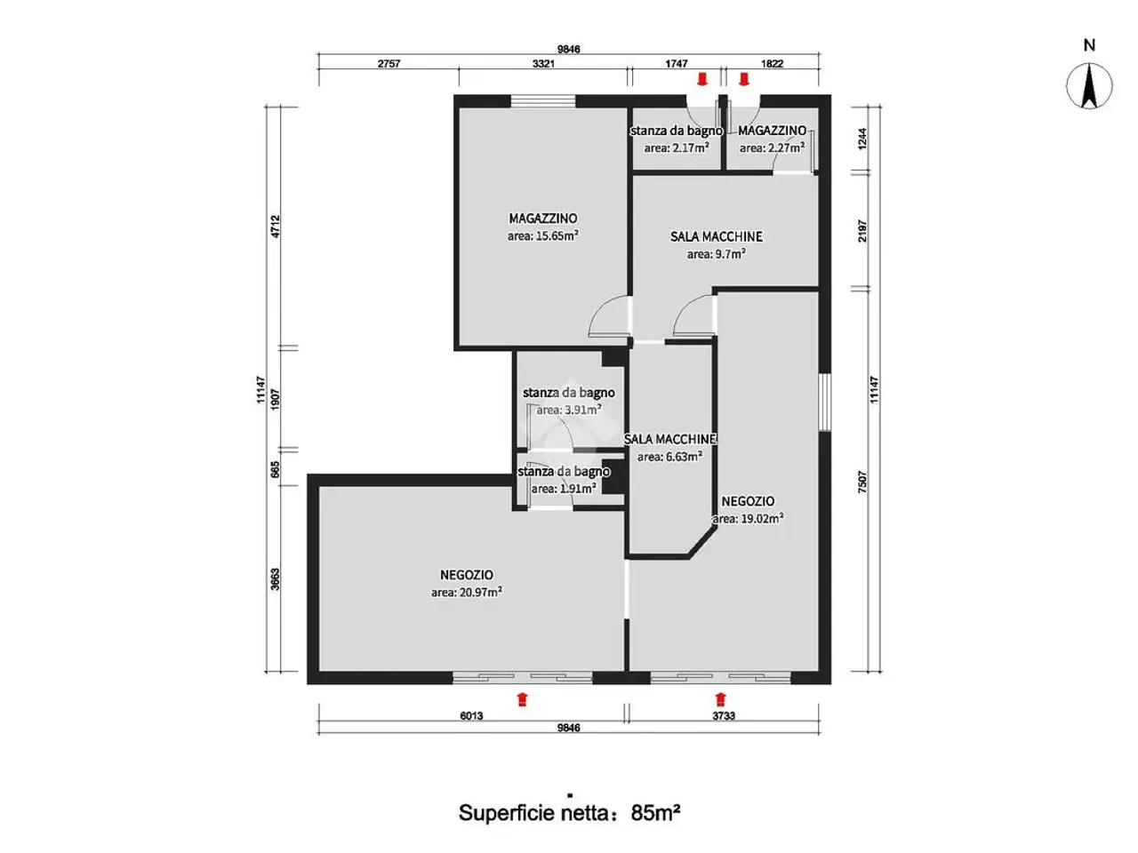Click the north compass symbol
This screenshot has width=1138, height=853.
tap(1089, 86)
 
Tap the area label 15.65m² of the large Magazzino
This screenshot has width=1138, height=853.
tap(542, 235)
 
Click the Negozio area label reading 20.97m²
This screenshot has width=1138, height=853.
tap(466, 592)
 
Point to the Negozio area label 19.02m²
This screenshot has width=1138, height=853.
tap(748, 518)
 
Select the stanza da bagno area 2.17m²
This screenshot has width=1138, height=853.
tap(677, 148)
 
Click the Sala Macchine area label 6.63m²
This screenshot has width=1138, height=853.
tap(669, 457)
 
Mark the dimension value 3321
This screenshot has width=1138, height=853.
tap(543, 64)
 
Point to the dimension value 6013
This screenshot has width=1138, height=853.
tap(471, 716)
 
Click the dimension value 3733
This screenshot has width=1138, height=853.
tap(723, 716)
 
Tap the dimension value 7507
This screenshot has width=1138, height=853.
tap(862, 482)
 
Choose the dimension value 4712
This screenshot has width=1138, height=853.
tap(276, 227)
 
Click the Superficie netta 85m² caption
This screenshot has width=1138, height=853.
tap(569, 813)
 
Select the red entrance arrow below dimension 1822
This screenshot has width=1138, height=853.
tap(744, 79)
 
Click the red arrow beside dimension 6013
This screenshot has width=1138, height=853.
tap(522, 699)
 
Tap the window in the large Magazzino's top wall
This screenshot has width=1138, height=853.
tap(543, 101)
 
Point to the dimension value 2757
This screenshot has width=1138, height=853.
tap(389, 64)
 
